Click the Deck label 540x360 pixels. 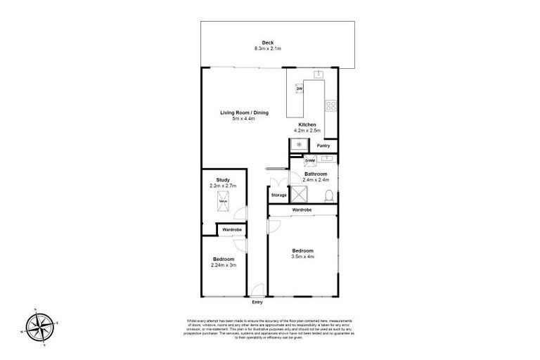267,42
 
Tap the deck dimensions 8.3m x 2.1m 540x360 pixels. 267,49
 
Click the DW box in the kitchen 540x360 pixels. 299,89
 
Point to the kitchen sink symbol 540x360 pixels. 318,73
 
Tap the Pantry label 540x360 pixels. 323,146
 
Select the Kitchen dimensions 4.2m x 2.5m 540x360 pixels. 307,131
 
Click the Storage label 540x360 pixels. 278,195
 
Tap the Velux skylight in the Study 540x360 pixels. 224,202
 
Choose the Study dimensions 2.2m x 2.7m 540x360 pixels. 224,186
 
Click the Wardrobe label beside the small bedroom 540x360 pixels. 232,230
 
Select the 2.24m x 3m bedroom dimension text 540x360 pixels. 224,266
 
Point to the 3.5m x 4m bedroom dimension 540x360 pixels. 303,257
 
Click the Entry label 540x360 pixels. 257,302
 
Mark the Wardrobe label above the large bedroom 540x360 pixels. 302,210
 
